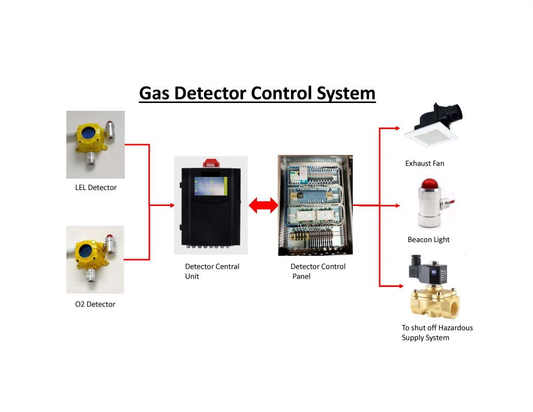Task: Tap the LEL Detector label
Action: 96,187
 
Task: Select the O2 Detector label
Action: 95,304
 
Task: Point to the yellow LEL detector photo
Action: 95,144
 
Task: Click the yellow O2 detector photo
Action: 95,259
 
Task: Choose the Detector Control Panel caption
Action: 318,271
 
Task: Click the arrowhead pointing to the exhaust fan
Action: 397,128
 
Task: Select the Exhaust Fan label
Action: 424,164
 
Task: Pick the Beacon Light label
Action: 428,239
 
